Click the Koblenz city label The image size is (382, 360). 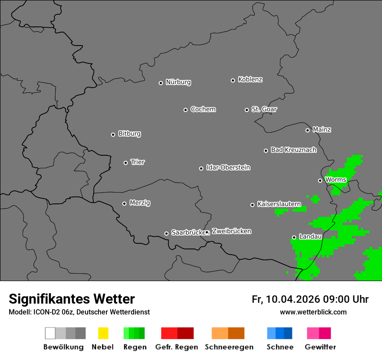250,79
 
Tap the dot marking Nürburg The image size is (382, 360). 161,83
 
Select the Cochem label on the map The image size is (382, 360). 203,109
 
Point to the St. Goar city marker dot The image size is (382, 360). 247,110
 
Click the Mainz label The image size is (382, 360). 322,130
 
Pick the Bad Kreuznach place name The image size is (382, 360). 293,150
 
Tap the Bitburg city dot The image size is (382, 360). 113,134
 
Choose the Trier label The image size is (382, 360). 138,162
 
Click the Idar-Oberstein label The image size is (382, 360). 228,167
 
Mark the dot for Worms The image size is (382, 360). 320,180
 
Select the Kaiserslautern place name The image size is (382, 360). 279,204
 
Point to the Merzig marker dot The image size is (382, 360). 124,203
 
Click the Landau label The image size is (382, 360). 310,237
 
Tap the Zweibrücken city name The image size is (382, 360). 231,231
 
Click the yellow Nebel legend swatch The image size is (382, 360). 103,333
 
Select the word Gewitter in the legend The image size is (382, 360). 320,347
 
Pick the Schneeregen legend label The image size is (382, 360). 229,347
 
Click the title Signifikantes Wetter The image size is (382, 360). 72,299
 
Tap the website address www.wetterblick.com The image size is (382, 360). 313,312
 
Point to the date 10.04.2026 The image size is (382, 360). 293,299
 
